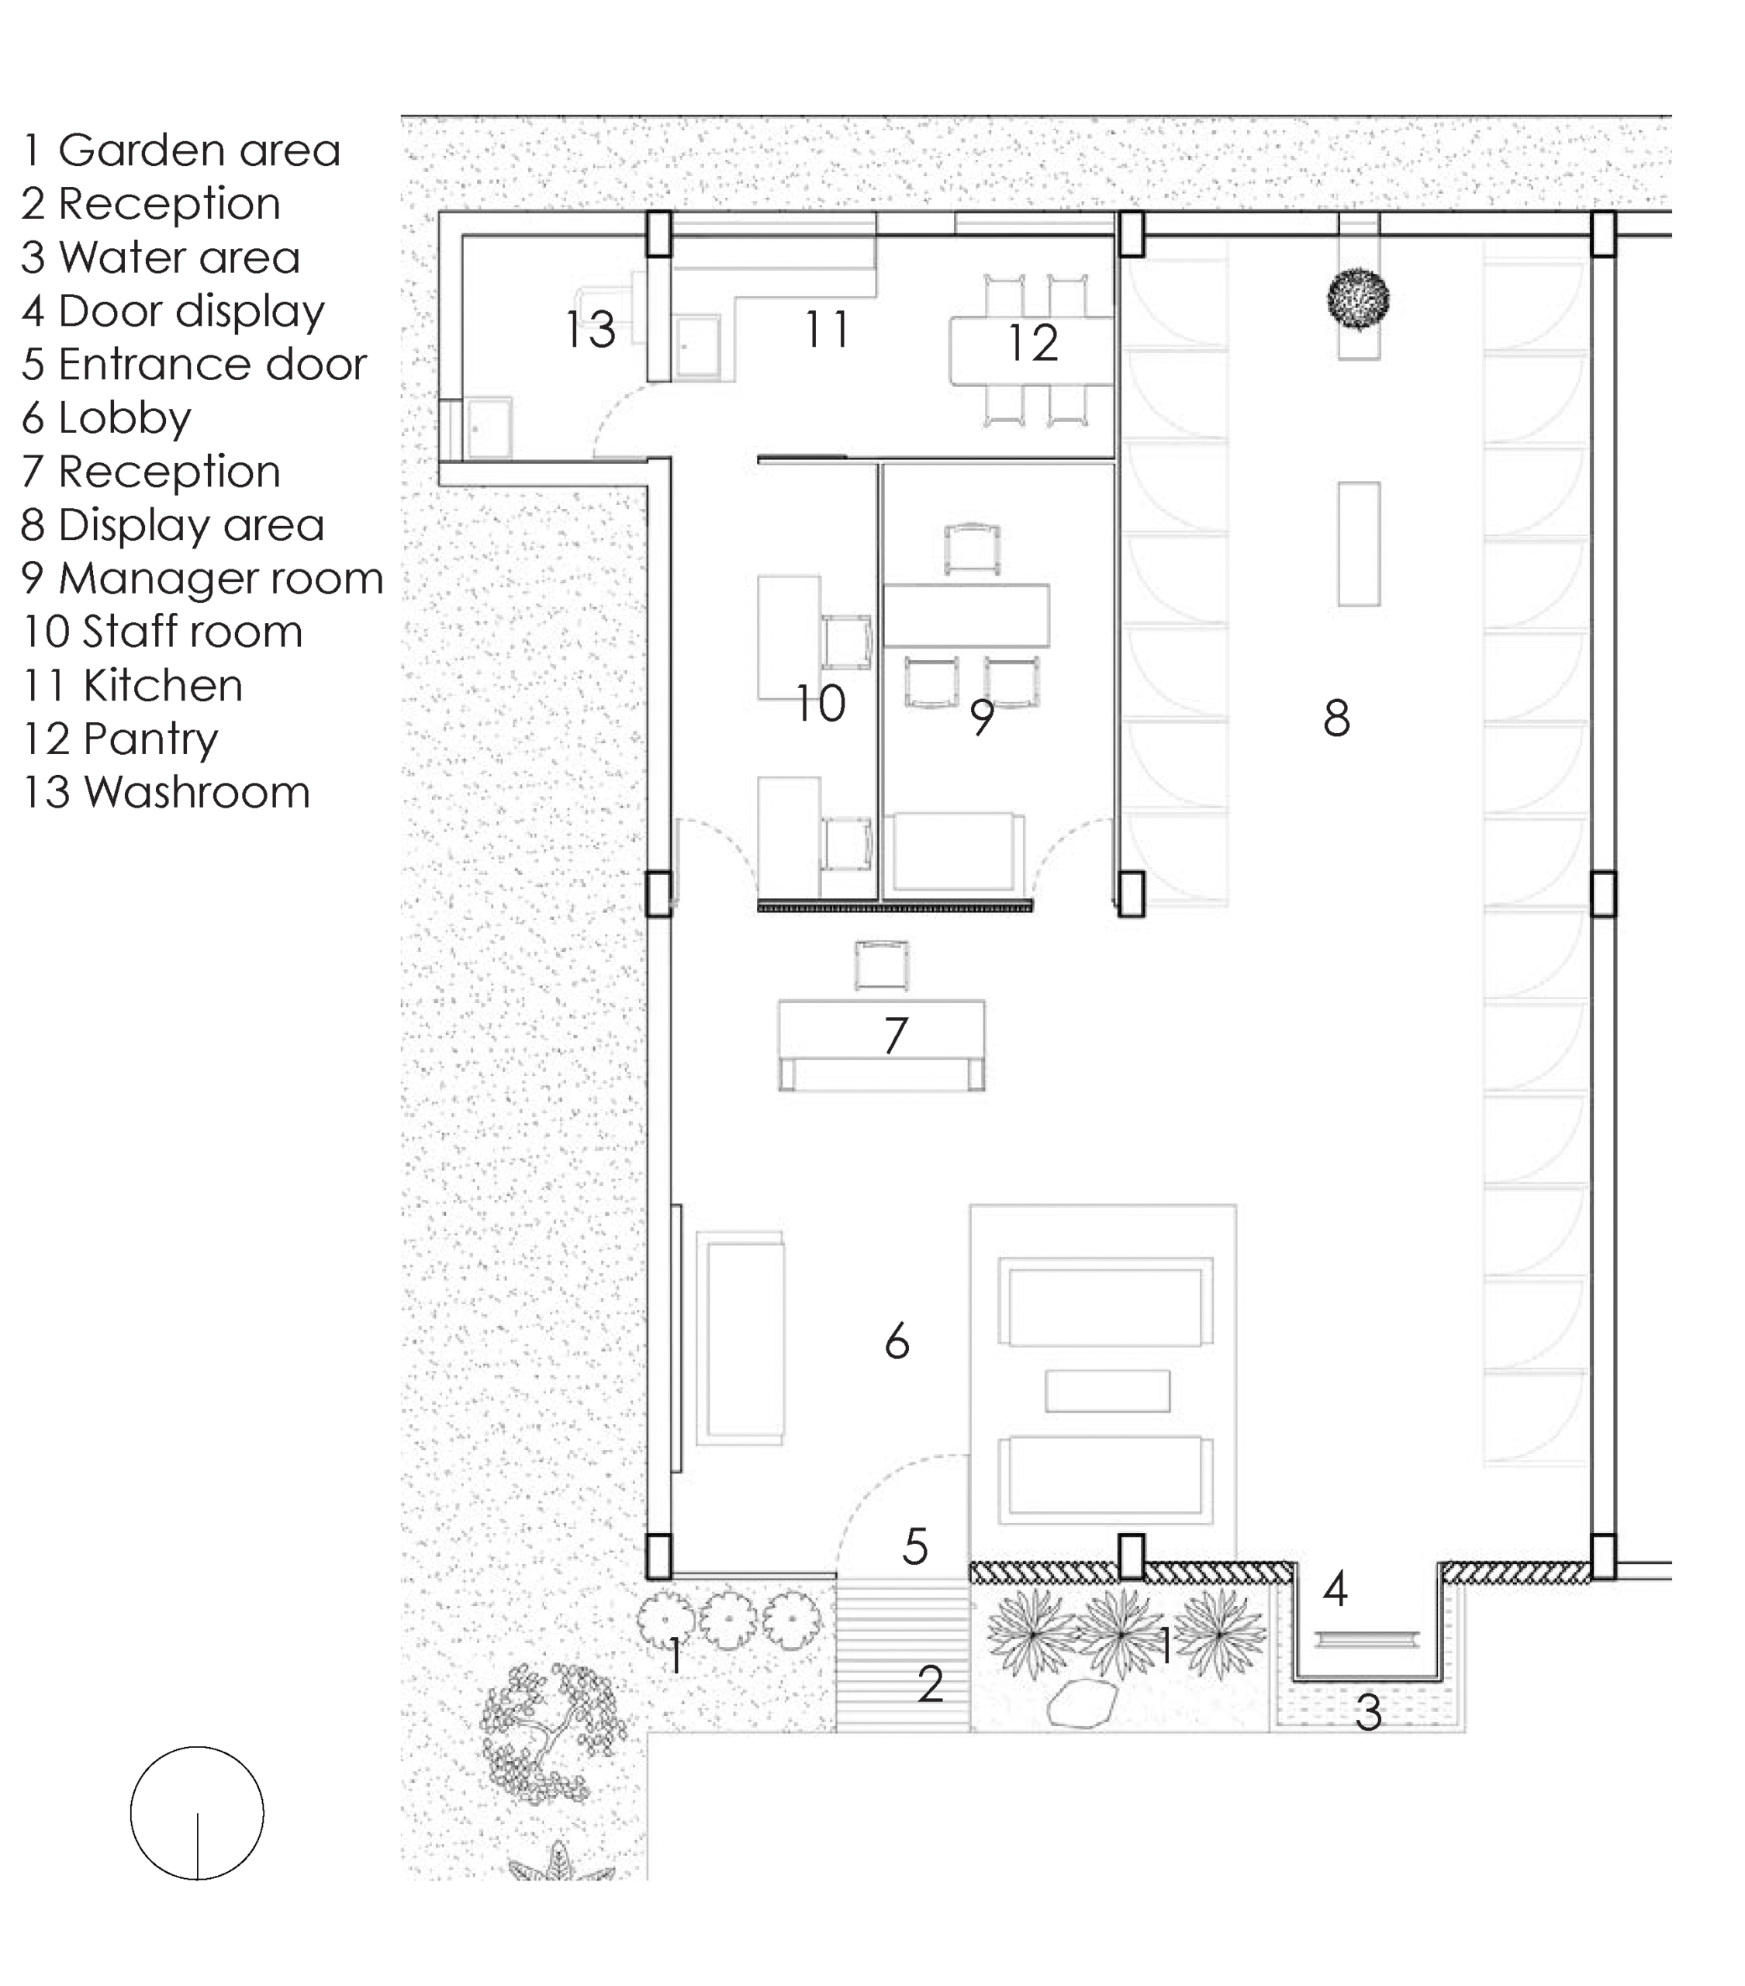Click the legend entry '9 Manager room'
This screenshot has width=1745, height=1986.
coord(202,579)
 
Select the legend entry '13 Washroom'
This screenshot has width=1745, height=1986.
coord(166,792)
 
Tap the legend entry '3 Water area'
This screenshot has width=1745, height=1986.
coord(161,258)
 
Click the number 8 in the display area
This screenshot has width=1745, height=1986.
coord(1336,718)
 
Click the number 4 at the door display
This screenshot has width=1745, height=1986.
coord(1335,1589)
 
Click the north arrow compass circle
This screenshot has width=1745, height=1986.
coord(197,1813)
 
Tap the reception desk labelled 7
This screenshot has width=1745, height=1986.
coord(881,1046)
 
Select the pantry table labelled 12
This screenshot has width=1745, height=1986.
coord(1031,351)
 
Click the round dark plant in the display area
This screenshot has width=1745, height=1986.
coord(1357,299)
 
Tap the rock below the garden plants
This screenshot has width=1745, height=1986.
coord(1081,1705)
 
